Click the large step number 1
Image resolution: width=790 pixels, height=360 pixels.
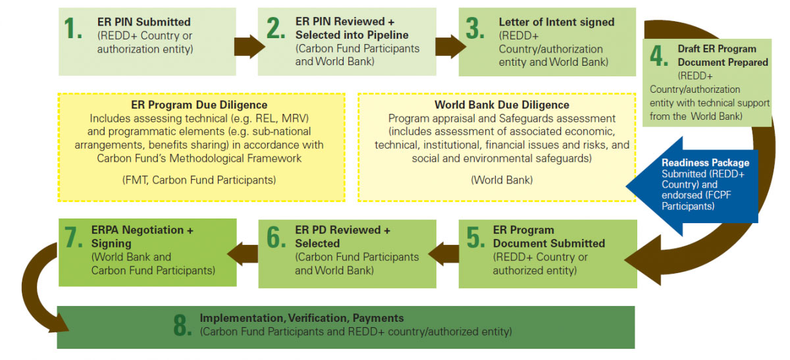point(73,28)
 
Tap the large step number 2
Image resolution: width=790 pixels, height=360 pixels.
point(275,28)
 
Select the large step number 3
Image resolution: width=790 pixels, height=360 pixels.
point(475,28)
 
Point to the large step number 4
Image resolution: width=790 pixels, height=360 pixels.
point(659,55)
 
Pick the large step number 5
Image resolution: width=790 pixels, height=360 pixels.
point(475,237)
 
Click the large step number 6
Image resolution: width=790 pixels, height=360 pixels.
point(276,237)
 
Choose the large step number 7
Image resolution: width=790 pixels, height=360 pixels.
point(73,237)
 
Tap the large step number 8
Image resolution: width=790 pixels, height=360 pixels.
point(182,324)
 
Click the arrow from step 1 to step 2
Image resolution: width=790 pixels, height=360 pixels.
point(250,46)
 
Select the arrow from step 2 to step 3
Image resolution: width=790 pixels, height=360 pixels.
point(450,46)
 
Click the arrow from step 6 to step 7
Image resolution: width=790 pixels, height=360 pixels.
point(243,254)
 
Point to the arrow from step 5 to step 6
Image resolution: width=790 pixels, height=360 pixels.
point(444,254)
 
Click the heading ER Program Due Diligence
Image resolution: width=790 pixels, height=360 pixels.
point(199,105)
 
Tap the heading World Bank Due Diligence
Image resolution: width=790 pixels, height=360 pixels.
point(502,105)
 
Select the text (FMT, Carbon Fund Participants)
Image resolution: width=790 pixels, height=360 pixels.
point(199,180)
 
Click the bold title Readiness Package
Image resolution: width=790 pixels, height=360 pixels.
point(705,163)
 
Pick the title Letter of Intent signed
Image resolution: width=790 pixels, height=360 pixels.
point(556,22)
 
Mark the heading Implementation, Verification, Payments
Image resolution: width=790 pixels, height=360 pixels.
point(302,318)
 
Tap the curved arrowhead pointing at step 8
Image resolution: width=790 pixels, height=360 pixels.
point(58,322)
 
